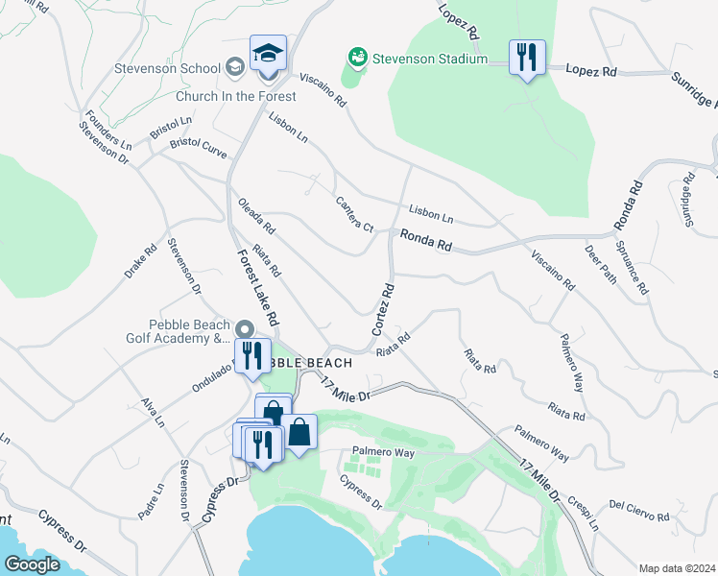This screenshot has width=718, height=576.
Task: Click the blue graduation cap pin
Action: [269, 54]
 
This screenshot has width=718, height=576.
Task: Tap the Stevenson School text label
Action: [166, 68]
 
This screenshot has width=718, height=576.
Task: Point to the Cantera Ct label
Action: [353, 213]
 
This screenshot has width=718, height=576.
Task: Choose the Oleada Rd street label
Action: [256, 217]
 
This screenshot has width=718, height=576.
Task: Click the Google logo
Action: [33, 564]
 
